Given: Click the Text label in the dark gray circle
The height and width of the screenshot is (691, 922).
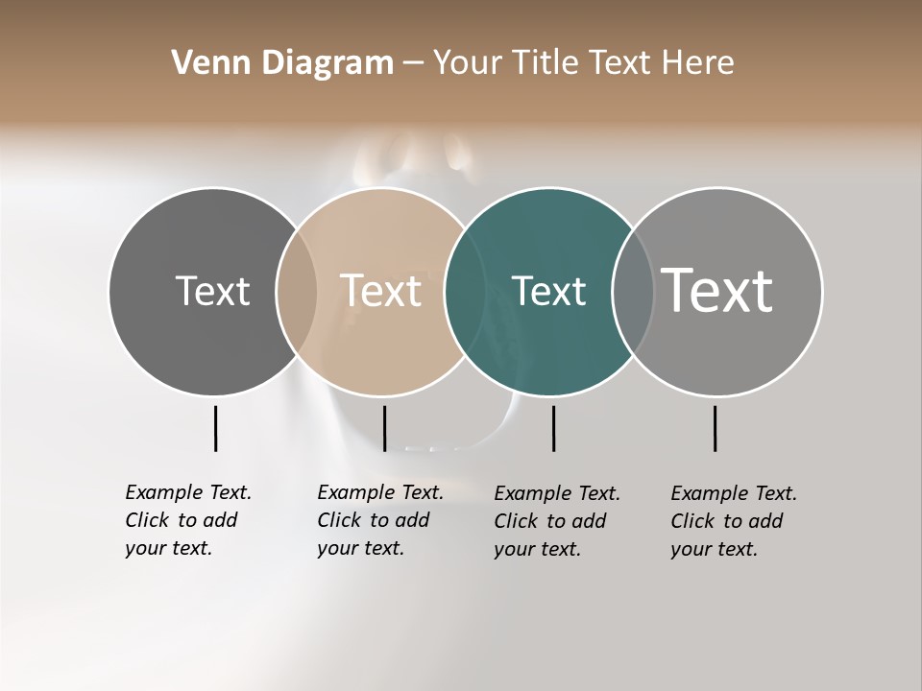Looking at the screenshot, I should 212,291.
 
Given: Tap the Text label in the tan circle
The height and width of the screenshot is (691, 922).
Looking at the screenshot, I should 381,291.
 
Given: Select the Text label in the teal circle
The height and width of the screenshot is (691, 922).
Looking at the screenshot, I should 548,291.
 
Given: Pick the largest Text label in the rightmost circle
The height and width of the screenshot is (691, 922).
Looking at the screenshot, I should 717,291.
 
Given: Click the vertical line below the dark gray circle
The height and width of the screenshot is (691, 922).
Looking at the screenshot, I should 215,428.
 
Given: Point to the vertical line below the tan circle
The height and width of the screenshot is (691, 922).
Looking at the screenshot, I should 384,428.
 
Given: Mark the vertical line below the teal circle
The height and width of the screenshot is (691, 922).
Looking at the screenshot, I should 553,428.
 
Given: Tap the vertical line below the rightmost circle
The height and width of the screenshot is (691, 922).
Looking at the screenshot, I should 715,428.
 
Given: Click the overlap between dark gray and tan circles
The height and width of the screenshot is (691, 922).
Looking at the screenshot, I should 296,291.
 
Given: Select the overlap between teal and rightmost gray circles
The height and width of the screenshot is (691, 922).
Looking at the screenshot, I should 633,291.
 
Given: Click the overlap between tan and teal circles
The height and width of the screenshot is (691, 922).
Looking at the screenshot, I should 464,291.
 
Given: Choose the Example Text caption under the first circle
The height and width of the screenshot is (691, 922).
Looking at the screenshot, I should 187,520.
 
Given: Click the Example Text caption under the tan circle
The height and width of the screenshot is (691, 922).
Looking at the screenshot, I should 379,520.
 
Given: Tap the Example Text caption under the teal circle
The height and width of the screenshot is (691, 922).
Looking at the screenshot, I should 556,521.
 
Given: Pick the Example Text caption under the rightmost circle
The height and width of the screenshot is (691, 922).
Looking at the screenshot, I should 733,521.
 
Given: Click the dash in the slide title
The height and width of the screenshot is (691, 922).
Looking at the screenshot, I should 413,64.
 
